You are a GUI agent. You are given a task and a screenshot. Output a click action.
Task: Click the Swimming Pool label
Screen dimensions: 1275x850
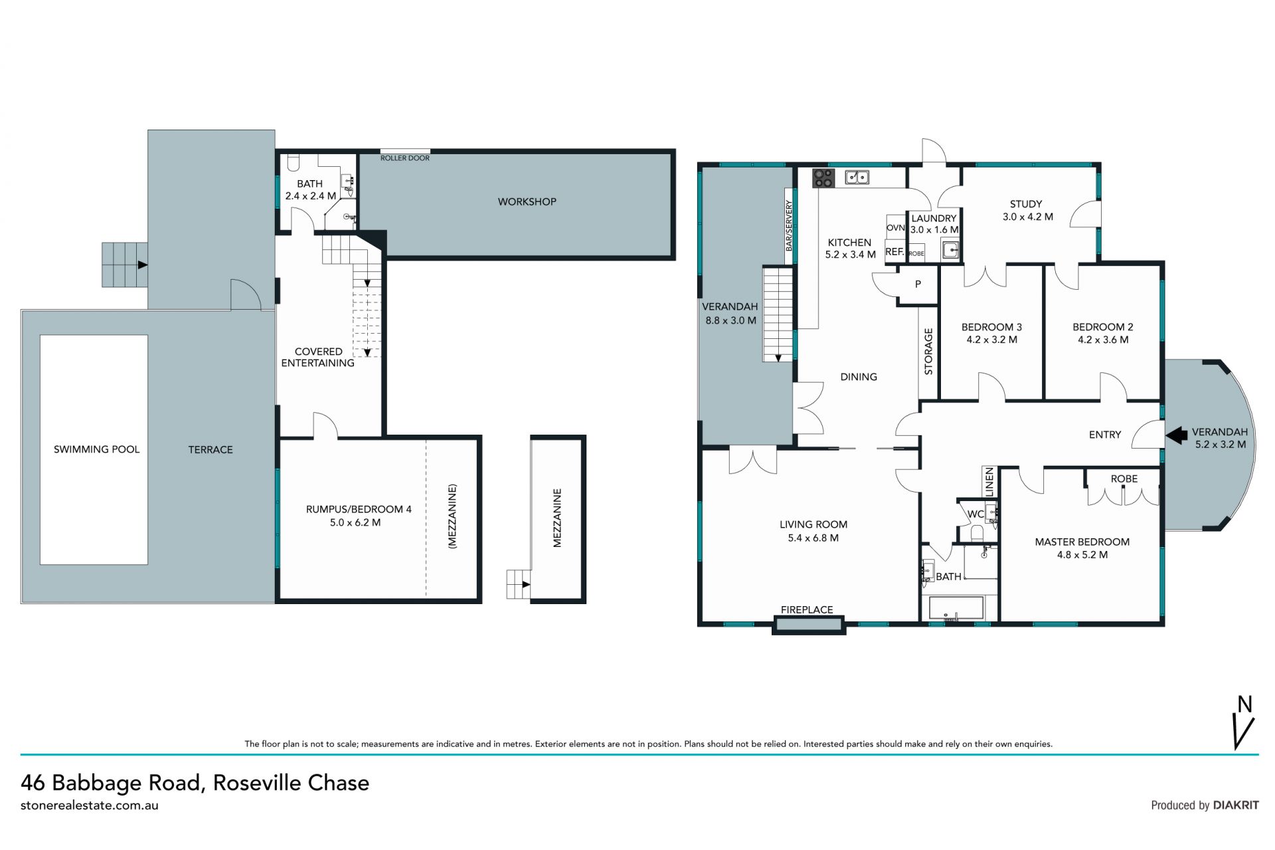click(x=97, y=449)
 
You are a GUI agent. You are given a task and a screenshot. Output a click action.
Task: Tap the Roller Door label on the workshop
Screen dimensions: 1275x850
click(x=405, y=158)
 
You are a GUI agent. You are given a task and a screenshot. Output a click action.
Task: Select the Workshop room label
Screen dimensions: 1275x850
click(x=527, y=201)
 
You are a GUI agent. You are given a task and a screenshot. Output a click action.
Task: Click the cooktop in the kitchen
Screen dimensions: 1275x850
click(x=824, y=177)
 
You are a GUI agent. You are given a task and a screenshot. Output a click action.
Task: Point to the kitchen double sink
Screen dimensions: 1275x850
click(x=857, y=177)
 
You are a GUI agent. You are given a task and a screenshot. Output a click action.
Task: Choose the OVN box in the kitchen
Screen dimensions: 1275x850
click(x=895, y=227)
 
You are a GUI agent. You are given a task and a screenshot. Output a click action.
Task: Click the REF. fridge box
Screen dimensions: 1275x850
click(x=894, y=252)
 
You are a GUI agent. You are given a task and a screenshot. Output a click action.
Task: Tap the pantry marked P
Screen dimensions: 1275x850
click(x=918, y=284)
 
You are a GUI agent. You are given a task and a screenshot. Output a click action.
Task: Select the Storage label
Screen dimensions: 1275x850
click(x=928, y=352)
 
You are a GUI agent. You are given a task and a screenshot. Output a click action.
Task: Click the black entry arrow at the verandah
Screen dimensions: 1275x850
click(x=1177, y=435)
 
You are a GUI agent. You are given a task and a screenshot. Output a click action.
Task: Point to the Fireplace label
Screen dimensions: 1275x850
click(x=807, y=609)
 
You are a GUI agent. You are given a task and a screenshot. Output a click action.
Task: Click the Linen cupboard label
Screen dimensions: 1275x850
click(x=989, y=482)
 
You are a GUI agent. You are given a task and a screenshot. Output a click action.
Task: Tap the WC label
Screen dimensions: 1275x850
click(x=976, y=514)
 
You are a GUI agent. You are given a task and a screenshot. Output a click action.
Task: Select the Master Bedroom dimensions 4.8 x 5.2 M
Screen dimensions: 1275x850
click(x=1082, y=555)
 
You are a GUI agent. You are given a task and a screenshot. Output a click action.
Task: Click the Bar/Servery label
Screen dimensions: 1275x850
click(x=789, y=225)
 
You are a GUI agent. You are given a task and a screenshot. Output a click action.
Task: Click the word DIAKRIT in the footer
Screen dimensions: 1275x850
click(x=1236, y=805)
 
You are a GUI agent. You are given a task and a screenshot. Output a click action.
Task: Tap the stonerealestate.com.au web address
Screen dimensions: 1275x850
click(x=90, y=805)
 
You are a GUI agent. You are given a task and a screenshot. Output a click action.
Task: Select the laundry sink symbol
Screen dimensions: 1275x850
click(x=951, y=251)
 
